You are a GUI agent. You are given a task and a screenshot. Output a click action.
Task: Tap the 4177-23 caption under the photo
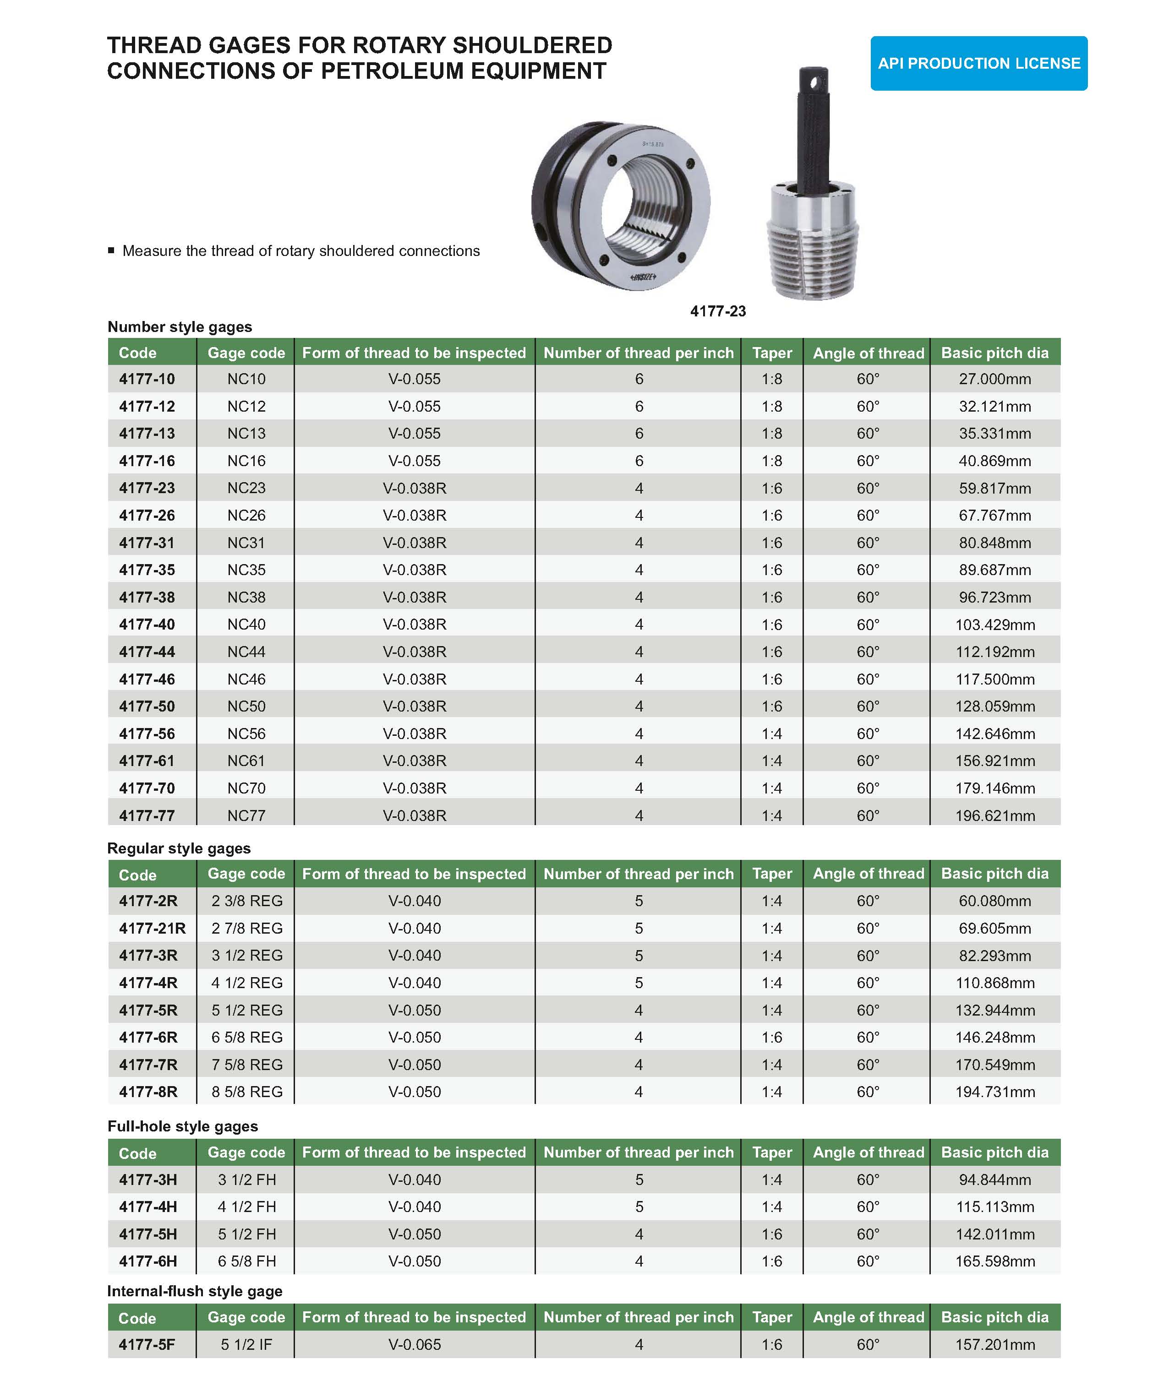[717, 311]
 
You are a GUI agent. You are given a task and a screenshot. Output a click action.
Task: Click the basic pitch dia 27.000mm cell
[994, 379]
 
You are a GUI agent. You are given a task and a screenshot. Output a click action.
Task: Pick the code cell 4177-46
[147, 679]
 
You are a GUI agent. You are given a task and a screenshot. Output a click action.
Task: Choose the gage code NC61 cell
[246, 761]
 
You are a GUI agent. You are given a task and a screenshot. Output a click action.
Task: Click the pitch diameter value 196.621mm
[994, 815]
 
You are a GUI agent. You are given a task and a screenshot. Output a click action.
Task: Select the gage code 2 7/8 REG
[247, 928]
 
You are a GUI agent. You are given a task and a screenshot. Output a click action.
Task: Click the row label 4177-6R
[148, 1037]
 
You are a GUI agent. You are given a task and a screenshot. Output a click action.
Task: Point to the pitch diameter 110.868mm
[994, 983]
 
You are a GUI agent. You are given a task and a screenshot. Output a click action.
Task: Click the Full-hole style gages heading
[182, 1126]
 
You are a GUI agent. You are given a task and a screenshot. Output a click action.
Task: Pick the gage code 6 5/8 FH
[247, 1261]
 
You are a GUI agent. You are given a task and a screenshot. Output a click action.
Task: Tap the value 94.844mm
[994, 1180]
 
